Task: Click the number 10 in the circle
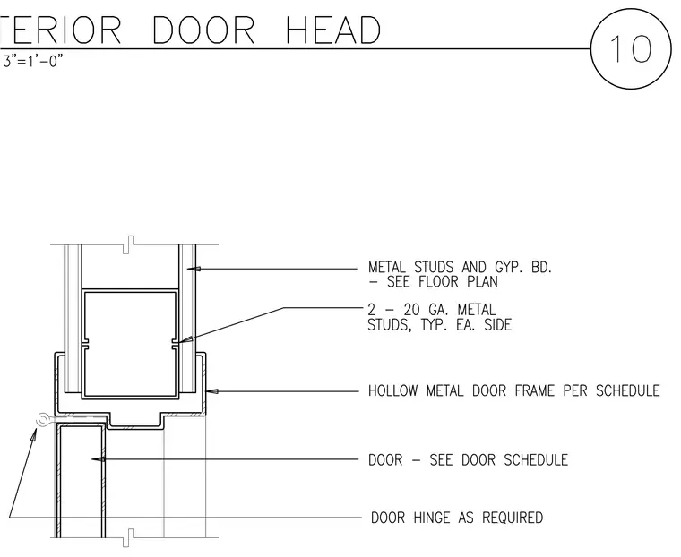[631, 48]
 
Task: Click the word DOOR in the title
[203, 30]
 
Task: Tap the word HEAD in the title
[333, 30]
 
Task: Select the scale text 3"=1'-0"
[33, 61]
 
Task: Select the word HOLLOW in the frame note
[393, 390]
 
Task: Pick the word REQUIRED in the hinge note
[513, 518]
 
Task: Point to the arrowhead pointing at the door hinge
[33, 434]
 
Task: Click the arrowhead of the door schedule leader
[99, 458]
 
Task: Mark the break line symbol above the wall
[128, 244]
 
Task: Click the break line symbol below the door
[128, 538]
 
